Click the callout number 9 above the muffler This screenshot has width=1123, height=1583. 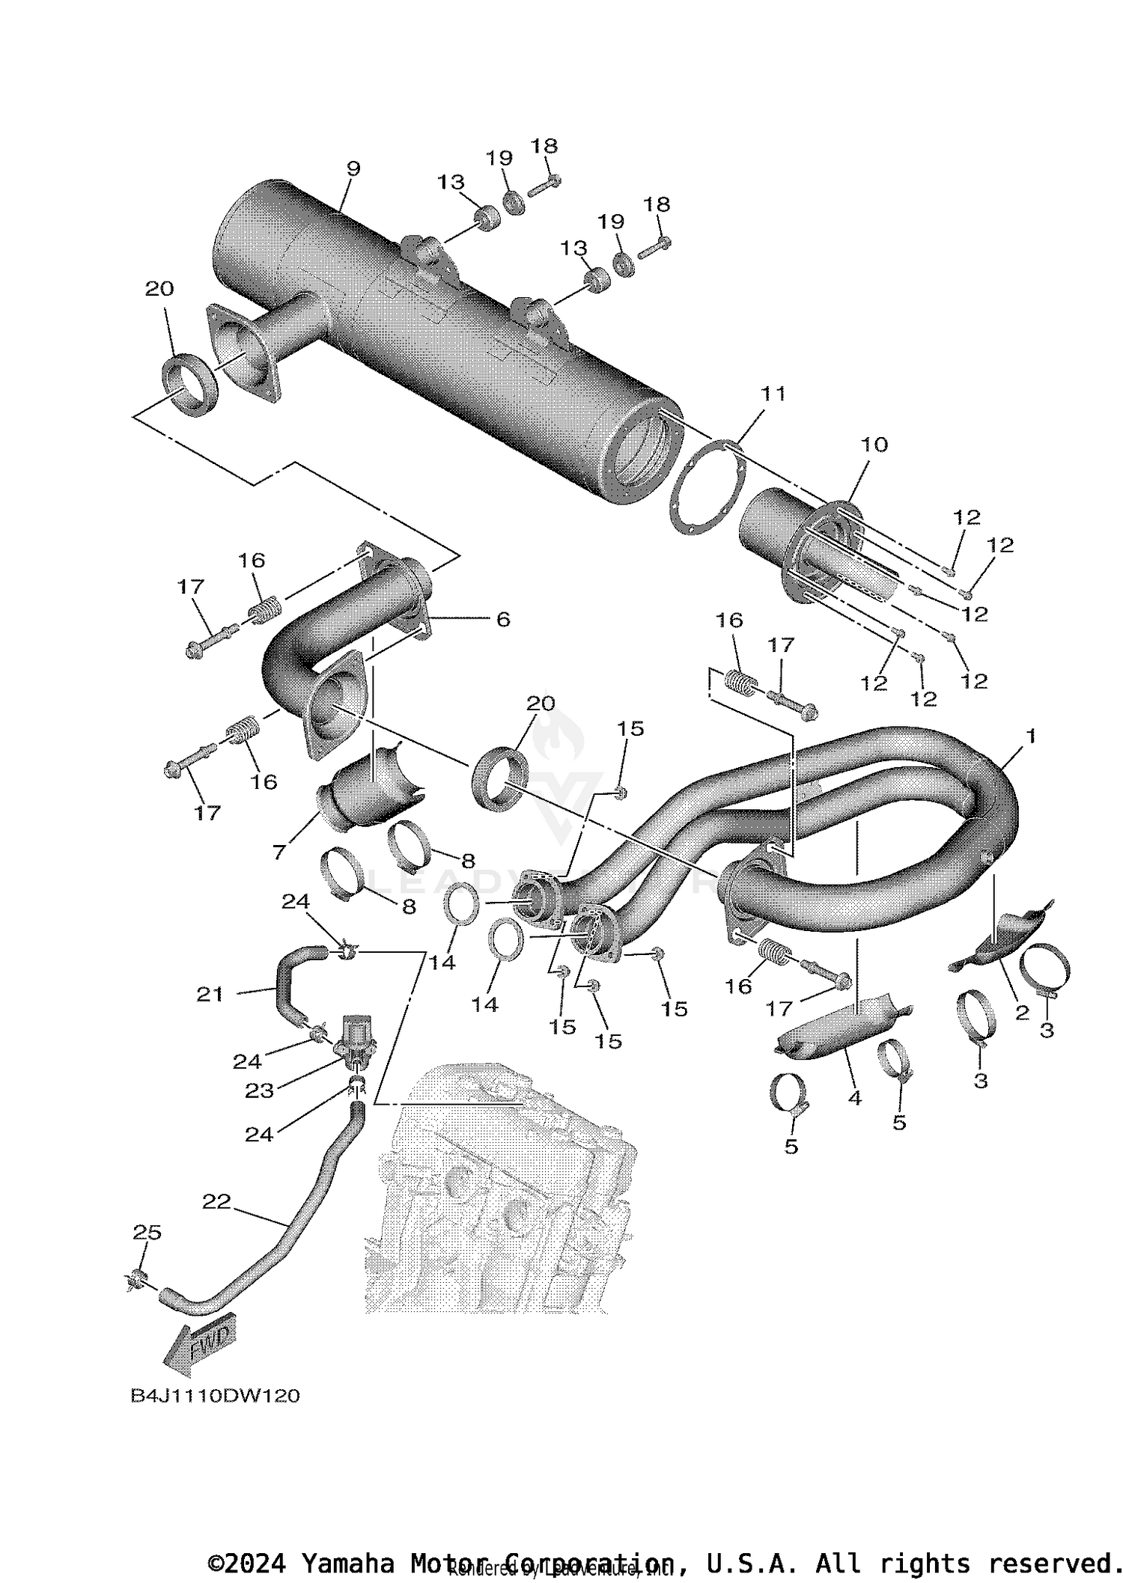click(353, 169)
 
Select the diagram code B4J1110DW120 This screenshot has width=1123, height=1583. click(215, 1396)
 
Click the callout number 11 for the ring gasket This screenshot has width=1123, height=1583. click(773, 394)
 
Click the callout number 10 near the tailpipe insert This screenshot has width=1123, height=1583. click(874, 445)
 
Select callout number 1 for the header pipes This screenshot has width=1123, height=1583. click(1031, 736)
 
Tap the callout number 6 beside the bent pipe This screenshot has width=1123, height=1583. click(503, 619)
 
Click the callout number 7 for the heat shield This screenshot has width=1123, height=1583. click(279, 851)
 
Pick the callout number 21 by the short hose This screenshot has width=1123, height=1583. click(210, 994)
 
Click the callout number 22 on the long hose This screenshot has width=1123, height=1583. click(216, 1201)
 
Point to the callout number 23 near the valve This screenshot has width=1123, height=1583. click(259, 1091)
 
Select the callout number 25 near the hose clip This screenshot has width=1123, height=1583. click(147, 1233)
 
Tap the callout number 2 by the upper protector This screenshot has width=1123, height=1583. click(1022, 1013)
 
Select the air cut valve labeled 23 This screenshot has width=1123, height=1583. click(354, 1039)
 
